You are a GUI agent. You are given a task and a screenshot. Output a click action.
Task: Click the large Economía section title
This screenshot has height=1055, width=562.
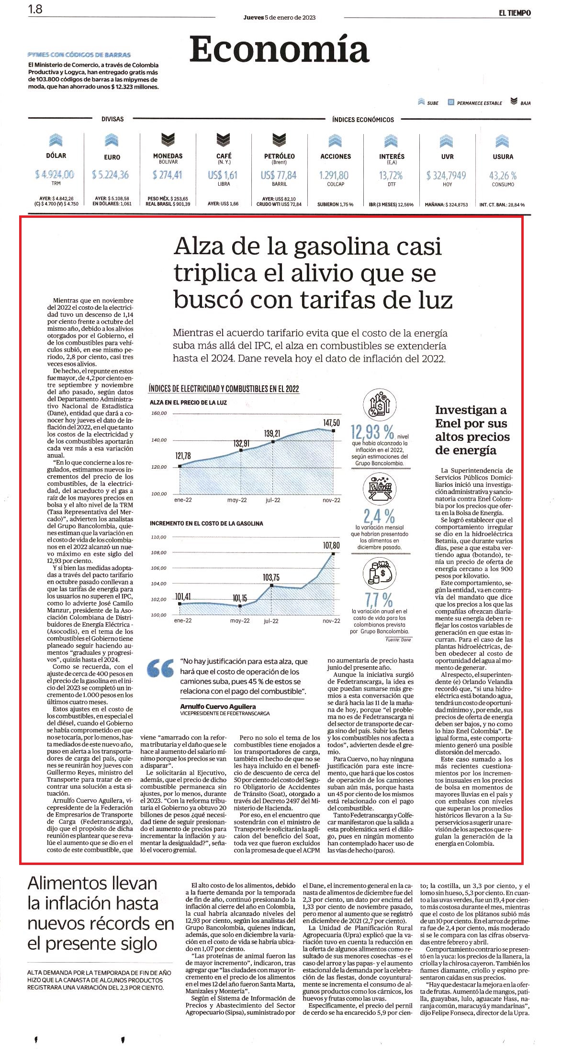(279, 49)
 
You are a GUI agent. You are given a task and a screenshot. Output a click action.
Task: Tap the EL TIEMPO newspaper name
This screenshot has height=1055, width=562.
(515, 13)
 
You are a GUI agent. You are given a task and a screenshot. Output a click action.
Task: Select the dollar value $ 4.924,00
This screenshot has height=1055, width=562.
(54, 175)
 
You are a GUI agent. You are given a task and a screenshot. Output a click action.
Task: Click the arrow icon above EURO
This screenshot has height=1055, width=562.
(112, 140)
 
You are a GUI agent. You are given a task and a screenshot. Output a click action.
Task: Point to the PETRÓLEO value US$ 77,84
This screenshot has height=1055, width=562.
(279, 176)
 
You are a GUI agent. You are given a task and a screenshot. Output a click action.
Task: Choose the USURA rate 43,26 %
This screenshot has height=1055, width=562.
(503, 176)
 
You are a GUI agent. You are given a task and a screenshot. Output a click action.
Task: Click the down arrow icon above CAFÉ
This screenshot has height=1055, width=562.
(224, 140)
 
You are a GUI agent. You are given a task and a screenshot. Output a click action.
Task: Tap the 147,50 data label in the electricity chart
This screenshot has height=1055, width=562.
(331, 423)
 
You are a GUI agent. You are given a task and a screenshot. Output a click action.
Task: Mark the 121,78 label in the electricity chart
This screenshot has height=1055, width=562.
(183, 456)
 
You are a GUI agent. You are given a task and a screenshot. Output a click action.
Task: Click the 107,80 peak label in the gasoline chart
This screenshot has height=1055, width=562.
(331, 545)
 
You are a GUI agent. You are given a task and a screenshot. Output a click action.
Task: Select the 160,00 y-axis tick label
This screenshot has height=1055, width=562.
(159, 413)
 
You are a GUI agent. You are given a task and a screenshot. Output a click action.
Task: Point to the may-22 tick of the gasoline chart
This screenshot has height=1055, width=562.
(240, 621)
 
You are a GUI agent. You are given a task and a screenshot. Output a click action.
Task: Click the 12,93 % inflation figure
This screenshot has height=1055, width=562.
(372, 432)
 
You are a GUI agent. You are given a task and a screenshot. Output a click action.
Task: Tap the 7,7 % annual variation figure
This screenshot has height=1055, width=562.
(379, 599)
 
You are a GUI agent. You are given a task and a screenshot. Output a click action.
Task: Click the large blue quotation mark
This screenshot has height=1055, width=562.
(160, 669)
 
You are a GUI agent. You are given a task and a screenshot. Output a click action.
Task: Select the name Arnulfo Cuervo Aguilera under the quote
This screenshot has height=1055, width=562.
(218, 707)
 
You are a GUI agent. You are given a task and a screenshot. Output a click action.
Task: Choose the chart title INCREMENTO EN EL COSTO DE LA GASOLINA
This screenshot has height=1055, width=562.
(206, 524)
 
